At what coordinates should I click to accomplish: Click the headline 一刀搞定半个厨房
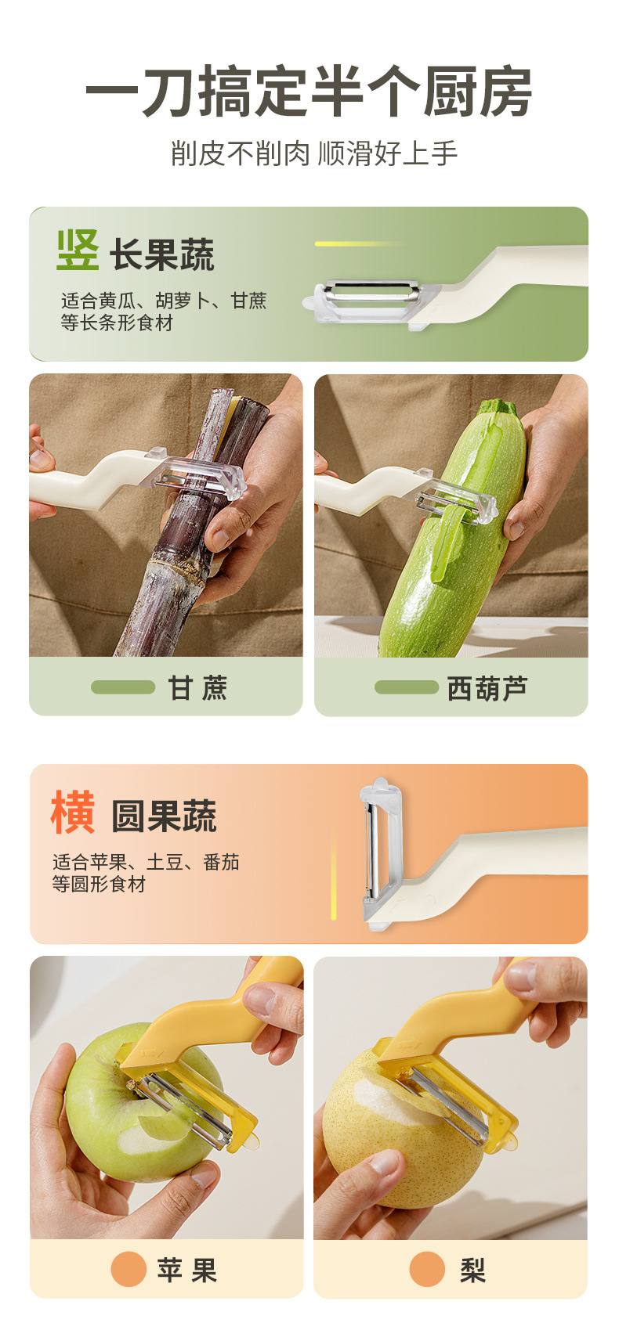[x=309, y=92]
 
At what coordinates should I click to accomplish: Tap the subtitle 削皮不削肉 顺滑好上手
[x=313, y=153]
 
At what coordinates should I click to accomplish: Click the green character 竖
[x=78, y=251]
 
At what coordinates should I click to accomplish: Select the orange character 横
[x=72, y=812]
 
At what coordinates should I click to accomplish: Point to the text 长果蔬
[x=162, y=255]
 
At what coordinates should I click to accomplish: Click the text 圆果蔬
[x=164, y=816]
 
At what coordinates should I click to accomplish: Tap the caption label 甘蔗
[x=197, y=687]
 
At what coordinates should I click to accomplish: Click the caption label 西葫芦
[x=487, y=688]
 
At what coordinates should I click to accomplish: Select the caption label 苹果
[x=187, y=1270]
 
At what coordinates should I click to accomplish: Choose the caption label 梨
[x=472, y=1271]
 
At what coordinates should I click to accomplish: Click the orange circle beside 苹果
[x=129, y=1270]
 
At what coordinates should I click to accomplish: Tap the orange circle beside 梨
[x=427, y=1270]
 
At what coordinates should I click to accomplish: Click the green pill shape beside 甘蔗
[x=123, y=687]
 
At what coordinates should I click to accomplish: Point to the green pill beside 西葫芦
[x=407, y=687]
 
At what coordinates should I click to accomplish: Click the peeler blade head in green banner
[x=371, y=301]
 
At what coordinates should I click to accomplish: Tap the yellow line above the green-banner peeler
[x=360, y=243]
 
